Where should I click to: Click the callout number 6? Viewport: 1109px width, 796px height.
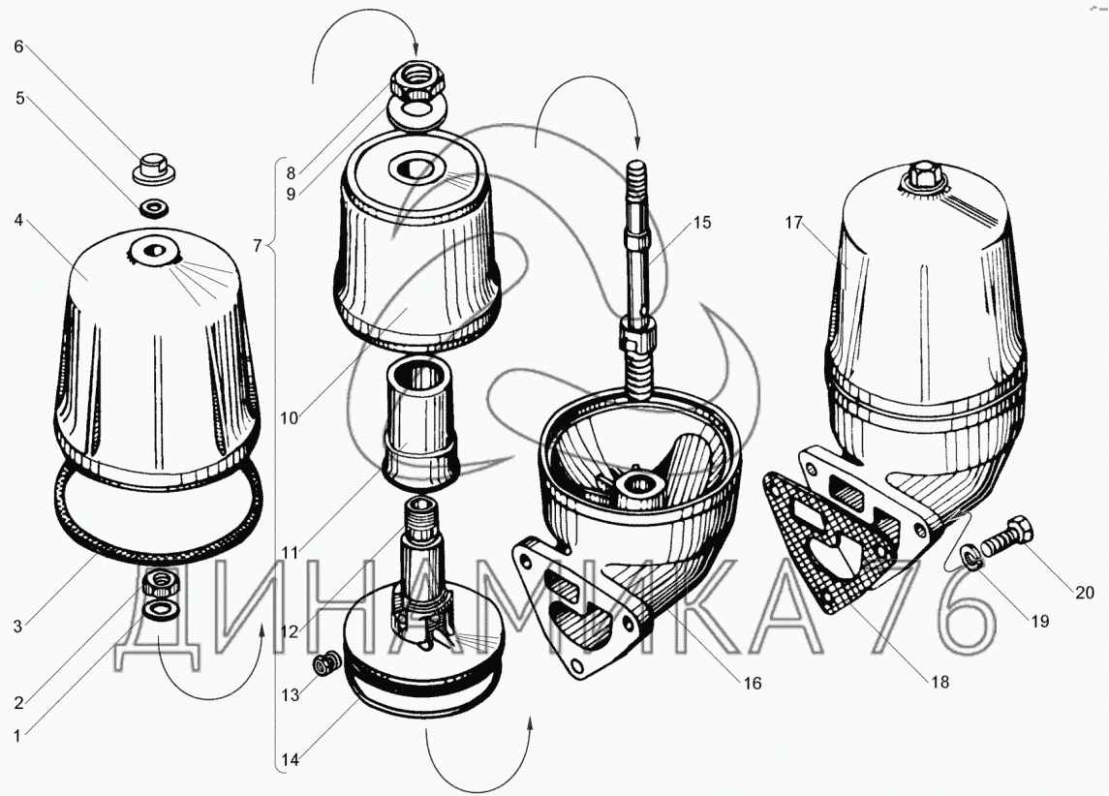(19, 46)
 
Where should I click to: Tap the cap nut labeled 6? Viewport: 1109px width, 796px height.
(154, 169)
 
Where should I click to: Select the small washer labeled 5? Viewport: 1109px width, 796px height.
(154, 208)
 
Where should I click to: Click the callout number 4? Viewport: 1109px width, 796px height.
(18, 221)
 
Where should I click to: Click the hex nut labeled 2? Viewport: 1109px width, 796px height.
(161, 583)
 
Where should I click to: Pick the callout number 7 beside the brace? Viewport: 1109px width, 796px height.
(258, 245)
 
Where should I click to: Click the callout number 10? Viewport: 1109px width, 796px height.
(289, 417)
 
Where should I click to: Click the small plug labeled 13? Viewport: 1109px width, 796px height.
(326, 663)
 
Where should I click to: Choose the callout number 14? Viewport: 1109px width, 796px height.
(290, 760)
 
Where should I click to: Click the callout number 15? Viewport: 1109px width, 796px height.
(701, 222)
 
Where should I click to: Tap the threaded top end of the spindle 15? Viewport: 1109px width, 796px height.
(636, 173)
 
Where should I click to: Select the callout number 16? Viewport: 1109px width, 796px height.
(752, 683)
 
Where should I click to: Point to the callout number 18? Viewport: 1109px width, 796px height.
(940, 682)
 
